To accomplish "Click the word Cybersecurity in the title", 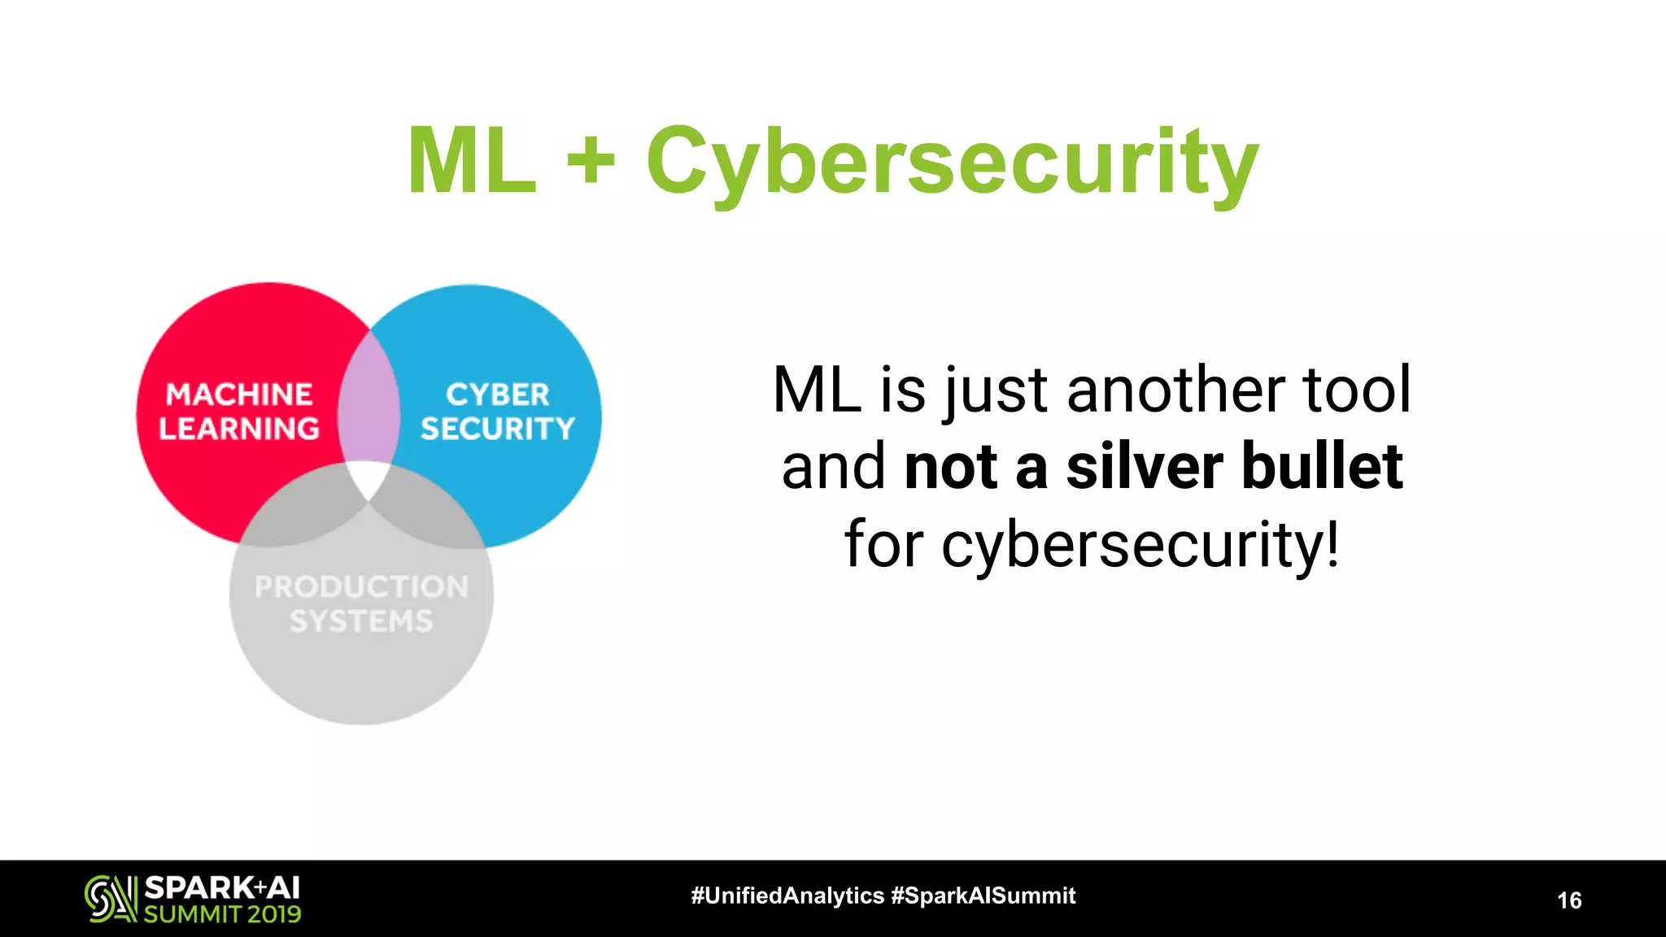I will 952,163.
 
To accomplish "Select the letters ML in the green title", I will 472,161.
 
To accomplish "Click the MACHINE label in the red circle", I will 239,394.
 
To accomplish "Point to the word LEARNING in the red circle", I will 239,429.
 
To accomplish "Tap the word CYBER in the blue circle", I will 498,394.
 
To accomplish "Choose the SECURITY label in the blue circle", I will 498,429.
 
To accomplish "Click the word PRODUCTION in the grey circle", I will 362,586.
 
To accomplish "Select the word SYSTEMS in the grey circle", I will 362,621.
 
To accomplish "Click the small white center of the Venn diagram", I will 367,477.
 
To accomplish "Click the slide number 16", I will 1569,900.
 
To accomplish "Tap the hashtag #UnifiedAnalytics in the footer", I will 787,896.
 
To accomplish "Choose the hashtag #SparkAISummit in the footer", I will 983,896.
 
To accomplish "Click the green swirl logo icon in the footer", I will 111,899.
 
